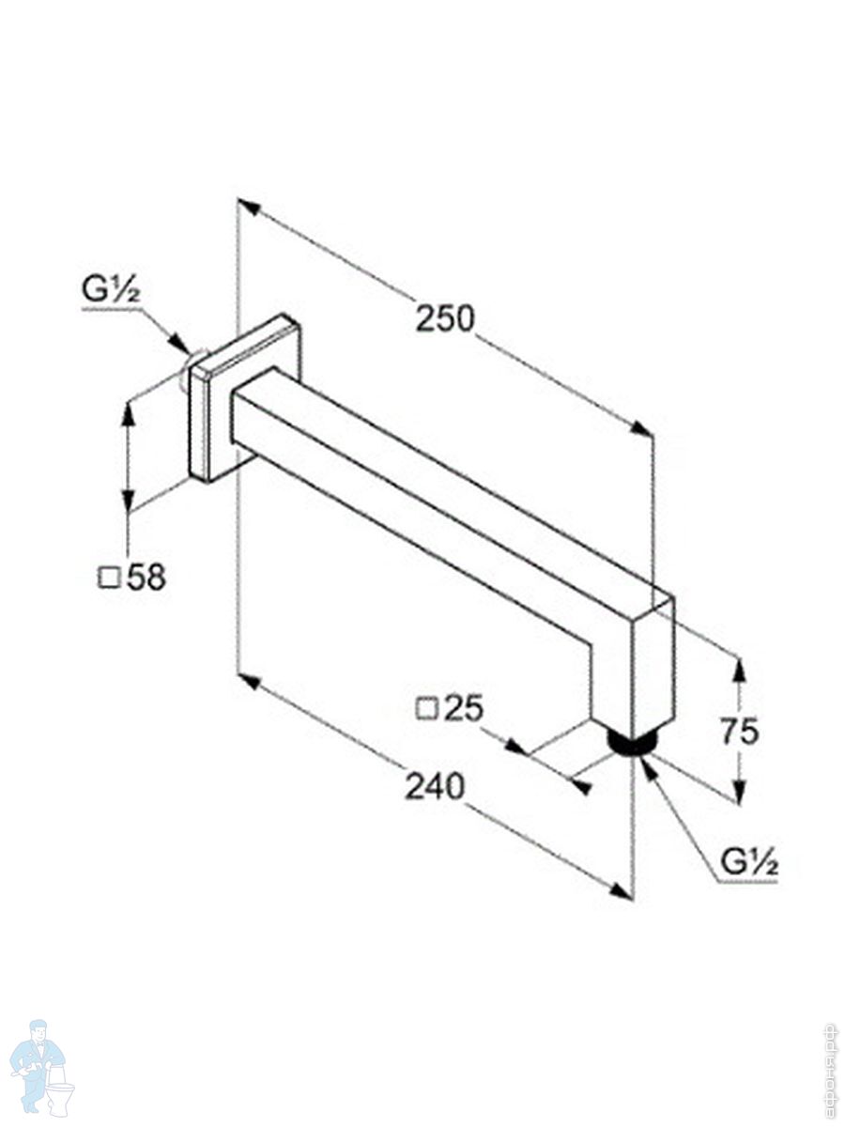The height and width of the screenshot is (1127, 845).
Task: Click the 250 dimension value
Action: [x=445, y=319]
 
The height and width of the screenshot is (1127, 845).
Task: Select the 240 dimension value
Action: [x=435, y=785]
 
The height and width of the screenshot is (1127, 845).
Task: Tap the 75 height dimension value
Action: [x=740, y=730]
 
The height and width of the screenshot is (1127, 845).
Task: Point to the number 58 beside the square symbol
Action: [x=146, y=579]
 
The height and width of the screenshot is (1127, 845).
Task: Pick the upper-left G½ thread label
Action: [x=110, y=291]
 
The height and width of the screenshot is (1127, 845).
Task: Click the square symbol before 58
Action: [x=110, y=579]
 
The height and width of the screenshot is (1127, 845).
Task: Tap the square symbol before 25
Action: [x=427, y=708]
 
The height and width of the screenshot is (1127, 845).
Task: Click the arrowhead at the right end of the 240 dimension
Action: [x=622, y=890]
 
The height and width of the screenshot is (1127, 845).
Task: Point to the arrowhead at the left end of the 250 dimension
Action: [x=246, y=206]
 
